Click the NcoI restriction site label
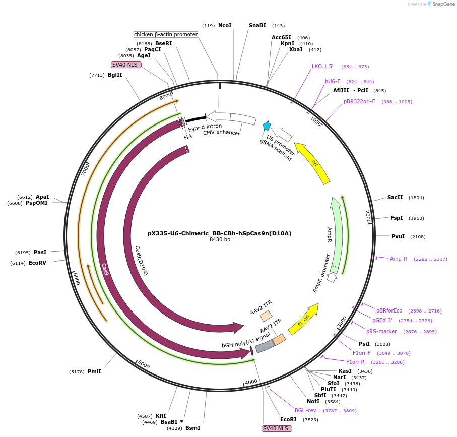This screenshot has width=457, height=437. pyautogui.click(x=225, y=25)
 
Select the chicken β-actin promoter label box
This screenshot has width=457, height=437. pyautogui.click(x=166, y=34)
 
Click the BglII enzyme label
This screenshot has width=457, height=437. pyautogui.click(x=115, y=75)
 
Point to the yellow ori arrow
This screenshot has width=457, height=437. pyautogui.click(x=313, y=163)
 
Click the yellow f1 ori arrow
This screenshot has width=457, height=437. pyautogui.click(x=304, y=319)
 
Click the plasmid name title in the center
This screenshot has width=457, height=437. pyautogui.click(x=220, y=233)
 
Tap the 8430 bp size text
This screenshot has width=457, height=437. pyautogui.click(x=220, y=240)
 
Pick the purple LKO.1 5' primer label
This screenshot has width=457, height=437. pyautogui.click(x=322, y=66)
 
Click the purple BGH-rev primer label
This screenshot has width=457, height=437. pyautogui.click(x=305, y=410)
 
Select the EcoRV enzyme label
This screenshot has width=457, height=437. pyautogui.click(x=37, y=263)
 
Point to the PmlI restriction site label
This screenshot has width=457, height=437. pyautogui.click(x=94, y=371)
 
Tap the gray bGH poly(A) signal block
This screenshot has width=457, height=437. pyautogui.click(x=264, y=346)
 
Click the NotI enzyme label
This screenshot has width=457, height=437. pyautogui.click(x=313, y=401)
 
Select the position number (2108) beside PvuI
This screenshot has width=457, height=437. pyautogui.click(x=418, y=236)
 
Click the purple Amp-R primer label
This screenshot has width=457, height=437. pyautogui.click(x=398, y=259)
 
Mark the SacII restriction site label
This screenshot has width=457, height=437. pyautogui.click(x=395, y=197)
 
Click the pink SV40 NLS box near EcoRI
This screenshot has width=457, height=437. pyautogui.click(x=277, y=428)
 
